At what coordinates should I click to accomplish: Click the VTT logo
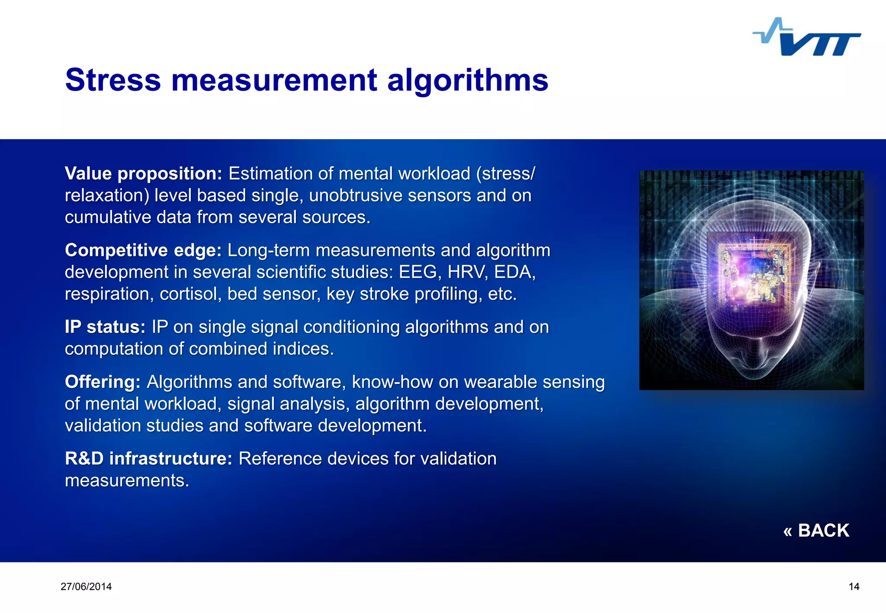[807, 38]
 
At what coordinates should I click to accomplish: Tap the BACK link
[816, 530]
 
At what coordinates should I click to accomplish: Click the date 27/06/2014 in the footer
[86, 587]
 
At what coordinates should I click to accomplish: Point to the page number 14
[854, 587]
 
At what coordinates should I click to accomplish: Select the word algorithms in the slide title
[468, 81]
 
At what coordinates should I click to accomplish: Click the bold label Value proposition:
[143, 174]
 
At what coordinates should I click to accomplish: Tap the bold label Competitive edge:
[143, 250]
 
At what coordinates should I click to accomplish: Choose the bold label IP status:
[105, 327]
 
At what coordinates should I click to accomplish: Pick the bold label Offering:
[103, 382]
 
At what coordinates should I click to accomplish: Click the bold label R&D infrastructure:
[149, 459]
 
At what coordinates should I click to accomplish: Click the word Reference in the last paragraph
[280, 459]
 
